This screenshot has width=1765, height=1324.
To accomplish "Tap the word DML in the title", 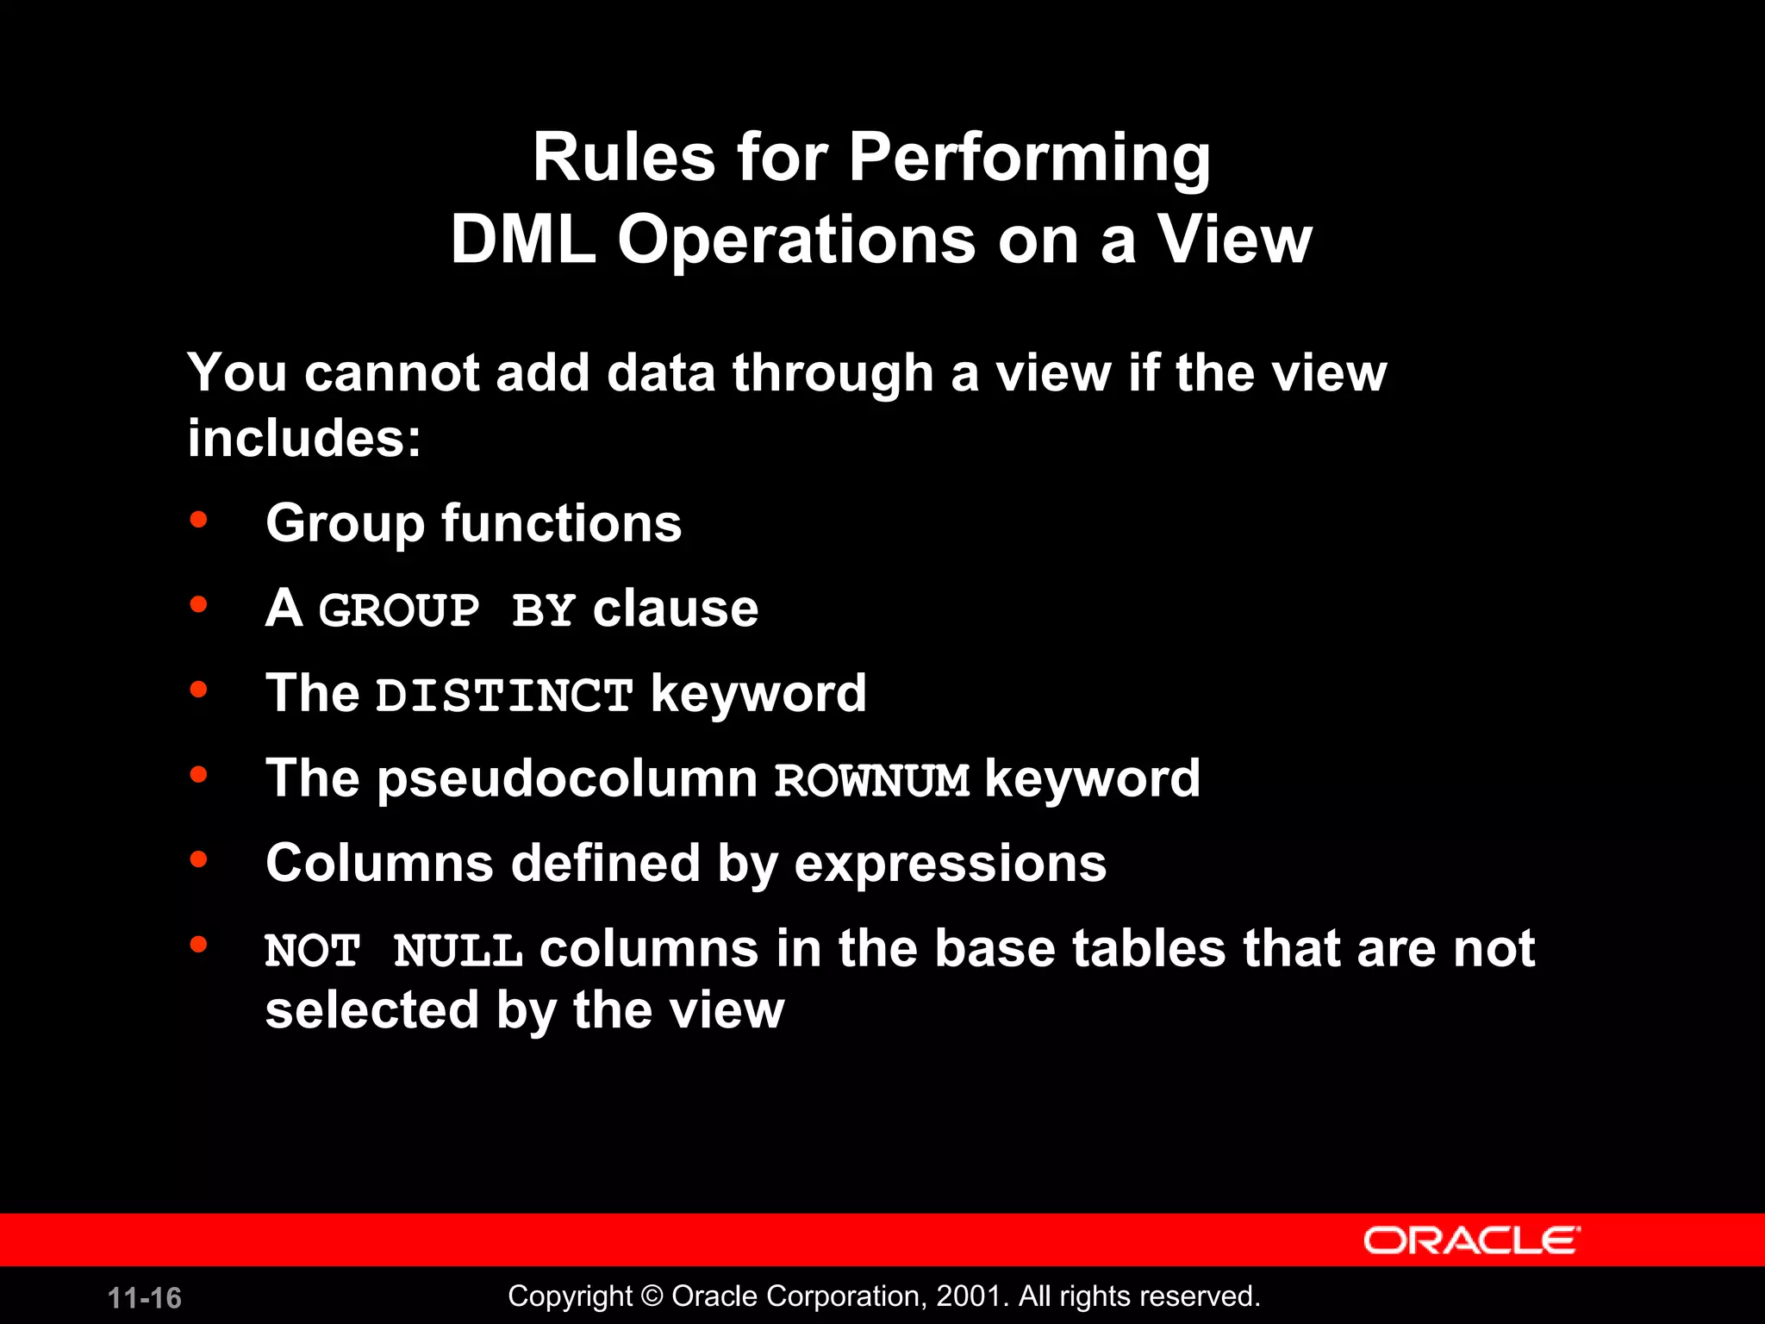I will tap(522, 240).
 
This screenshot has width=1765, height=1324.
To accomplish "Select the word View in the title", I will tap(1234, 240).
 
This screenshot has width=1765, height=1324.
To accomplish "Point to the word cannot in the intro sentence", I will tap(391, 373).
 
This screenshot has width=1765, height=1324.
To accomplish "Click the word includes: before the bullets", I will tap(304, 438).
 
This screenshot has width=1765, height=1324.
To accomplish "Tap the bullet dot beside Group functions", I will tap(199, 520).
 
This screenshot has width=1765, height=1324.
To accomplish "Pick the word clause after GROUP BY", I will tap(675, 609).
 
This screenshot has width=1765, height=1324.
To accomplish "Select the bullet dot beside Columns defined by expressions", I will tap(199, 859).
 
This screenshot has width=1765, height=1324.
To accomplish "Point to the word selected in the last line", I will tap(371, 1010).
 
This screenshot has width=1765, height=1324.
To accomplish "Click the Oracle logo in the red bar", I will tap(1471, 1240).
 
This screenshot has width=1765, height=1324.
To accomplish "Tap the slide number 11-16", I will tap(145, 1298).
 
